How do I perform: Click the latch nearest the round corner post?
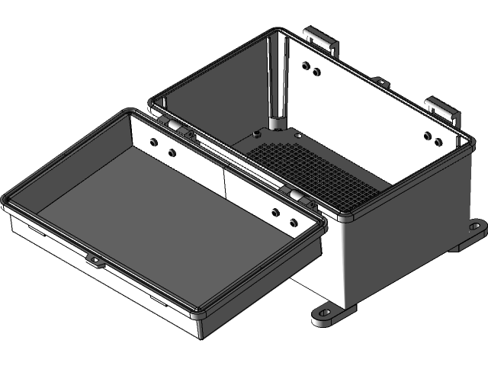[320, 36]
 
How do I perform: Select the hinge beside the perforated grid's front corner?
[296, 196]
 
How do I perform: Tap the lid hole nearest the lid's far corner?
[154, 143]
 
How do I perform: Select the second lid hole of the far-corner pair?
[172, 153]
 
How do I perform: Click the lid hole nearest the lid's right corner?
[294, 223]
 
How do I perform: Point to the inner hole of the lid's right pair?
[275, 213]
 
